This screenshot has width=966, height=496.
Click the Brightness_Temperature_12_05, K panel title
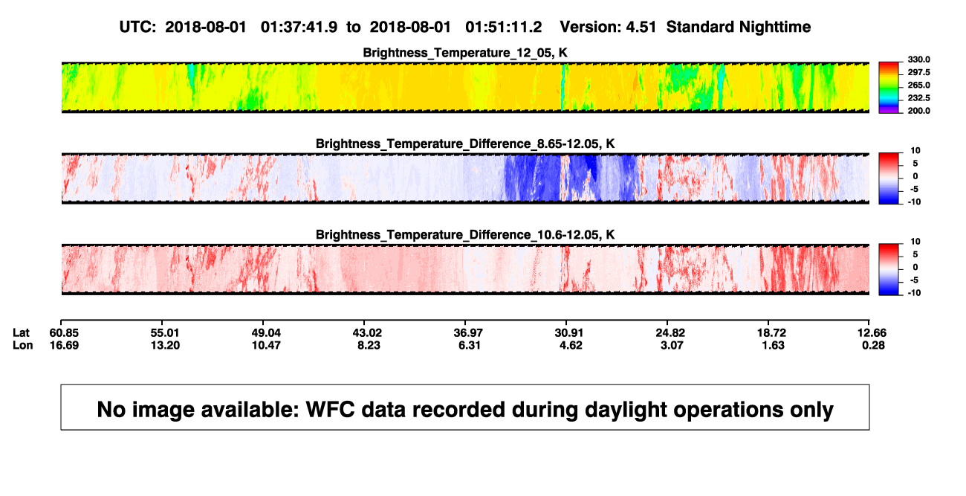coord(465,53)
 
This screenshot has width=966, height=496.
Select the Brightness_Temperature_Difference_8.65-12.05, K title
coord(465,144)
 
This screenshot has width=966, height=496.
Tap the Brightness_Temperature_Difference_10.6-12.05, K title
coord(465,235)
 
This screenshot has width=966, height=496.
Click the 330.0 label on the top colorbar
coord(918,59)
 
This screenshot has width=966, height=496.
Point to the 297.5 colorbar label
coord(918,72)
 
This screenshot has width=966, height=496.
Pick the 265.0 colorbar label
coord(918,85)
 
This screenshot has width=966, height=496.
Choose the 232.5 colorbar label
coord(918,98)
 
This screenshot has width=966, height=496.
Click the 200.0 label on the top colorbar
coord(918,111)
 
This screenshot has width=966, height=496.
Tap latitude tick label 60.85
coord(64,333)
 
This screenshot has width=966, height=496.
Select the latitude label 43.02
coord(367,333)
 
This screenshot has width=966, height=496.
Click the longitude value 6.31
coord(469,345)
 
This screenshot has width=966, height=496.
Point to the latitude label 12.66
coord(872,333)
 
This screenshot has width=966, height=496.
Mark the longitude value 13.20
coord(165,345)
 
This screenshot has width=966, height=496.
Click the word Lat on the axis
coord(21,333)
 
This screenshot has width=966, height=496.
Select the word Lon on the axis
coord(23,345)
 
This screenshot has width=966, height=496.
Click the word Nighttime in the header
coord(774,28)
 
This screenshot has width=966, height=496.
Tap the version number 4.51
coord(641,28)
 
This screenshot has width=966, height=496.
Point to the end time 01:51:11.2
coord(503,28)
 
